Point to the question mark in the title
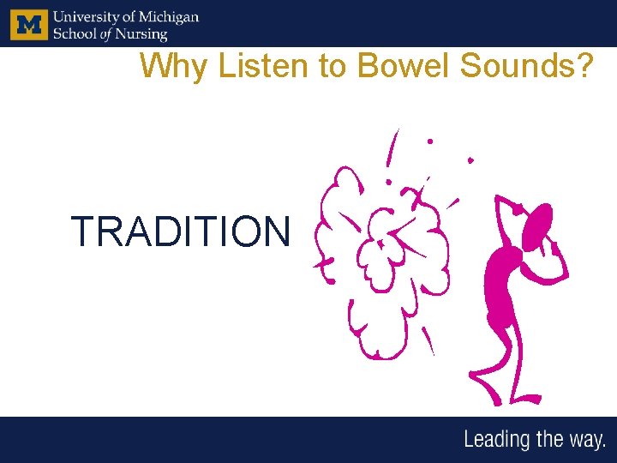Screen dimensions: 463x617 click(584, 65)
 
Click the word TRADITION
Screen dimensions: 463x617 click(181, 231)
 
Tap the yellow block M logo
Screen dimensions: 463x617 click(29, 23)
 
